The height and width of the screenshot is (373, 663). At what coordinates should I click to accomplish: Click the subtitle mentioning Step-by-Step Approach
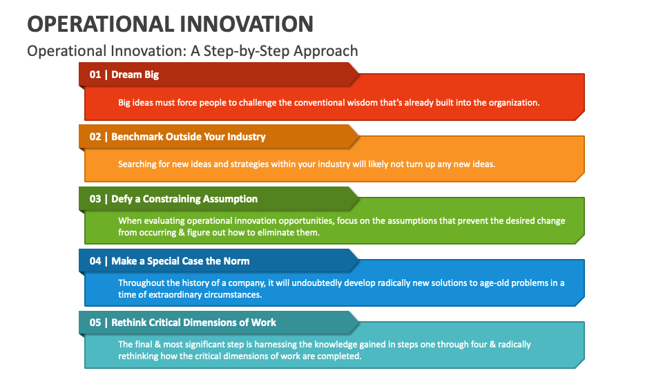pos(193,50)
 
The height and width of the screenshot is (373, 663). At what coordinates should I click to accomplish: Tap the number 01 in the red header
pos(95,75)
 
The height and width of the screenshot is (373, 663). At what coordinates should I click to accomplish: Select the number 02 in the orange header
pos(95,137)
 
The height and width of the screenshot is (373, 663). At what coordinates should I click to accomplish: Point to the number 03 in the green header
pos(95,199)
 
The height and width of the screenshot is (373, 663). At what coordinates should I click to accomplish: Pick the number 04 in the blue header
pos(95,261)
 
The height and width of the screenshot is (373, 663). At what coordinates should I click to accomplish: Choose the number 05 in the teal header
pos(95,323)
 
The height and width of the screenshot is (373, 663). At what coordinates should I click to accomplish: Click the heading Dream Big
pos(135,75)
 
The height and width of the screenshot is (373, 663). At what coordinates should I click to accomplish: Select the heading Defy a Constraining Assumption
pos(184,199)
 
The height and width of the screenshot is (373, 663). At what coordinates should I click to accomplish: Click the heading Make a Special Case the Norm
pos(180,261)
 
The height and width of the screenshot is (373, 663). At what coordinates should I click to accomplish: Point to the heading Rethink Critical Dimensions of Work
pos(193,323)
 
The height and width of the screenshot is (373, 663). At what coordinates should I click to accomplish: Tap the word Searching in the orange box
pos(137,164)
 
